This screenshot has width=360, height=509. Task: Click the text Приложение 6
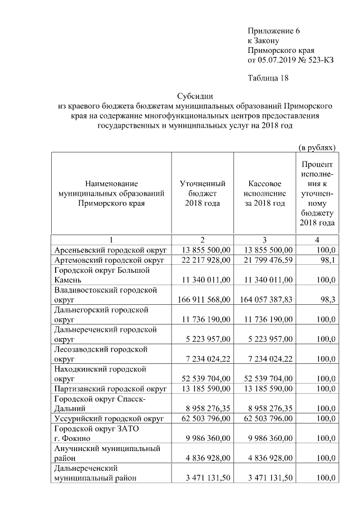pos(274,30)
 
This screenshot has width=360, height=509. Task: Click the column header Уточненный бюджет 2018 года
pos(202,193)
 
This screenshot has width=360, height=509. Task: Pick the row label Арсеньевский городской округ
pos(108,250)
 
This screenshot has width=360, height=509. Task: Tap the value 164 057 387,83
pos(266,300)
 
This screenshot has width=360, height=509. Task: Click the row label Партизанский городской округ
pos(111,389)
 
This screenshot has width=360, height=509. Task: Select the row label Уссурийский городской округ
pos(109,418)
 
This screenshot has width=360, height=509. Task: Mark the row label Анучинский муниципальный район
pos(106,453)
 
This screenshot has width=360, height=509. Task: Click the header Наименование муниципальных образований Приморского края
pos(111,193)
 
